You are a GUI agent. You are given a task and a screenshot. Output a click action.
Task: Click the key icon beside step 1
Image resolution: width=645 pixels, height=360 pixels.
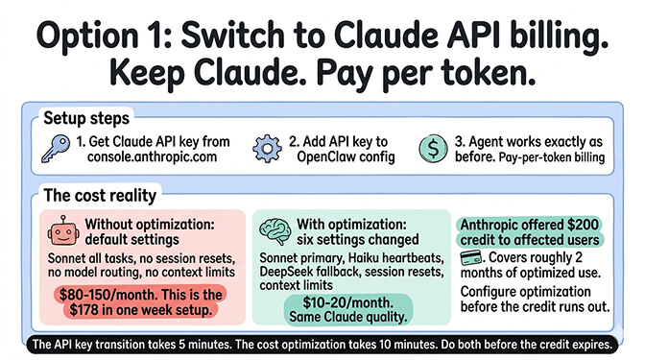coord(59,149)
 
